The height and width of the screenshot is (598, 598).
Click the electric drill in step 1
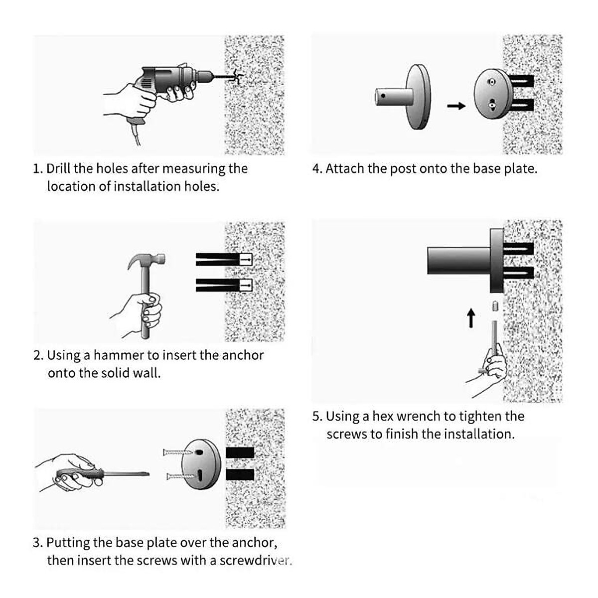click(174, 80)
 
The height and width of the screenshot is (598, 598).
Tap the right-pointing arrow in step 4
click(455, 106)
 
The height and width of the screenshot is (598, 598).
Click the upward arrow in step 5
click(471, 318)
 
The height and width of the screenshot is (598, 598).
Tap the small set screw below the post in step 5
click(495, 305)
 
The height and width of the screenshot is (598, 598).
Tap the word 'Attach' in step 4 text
click(345, 168)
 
